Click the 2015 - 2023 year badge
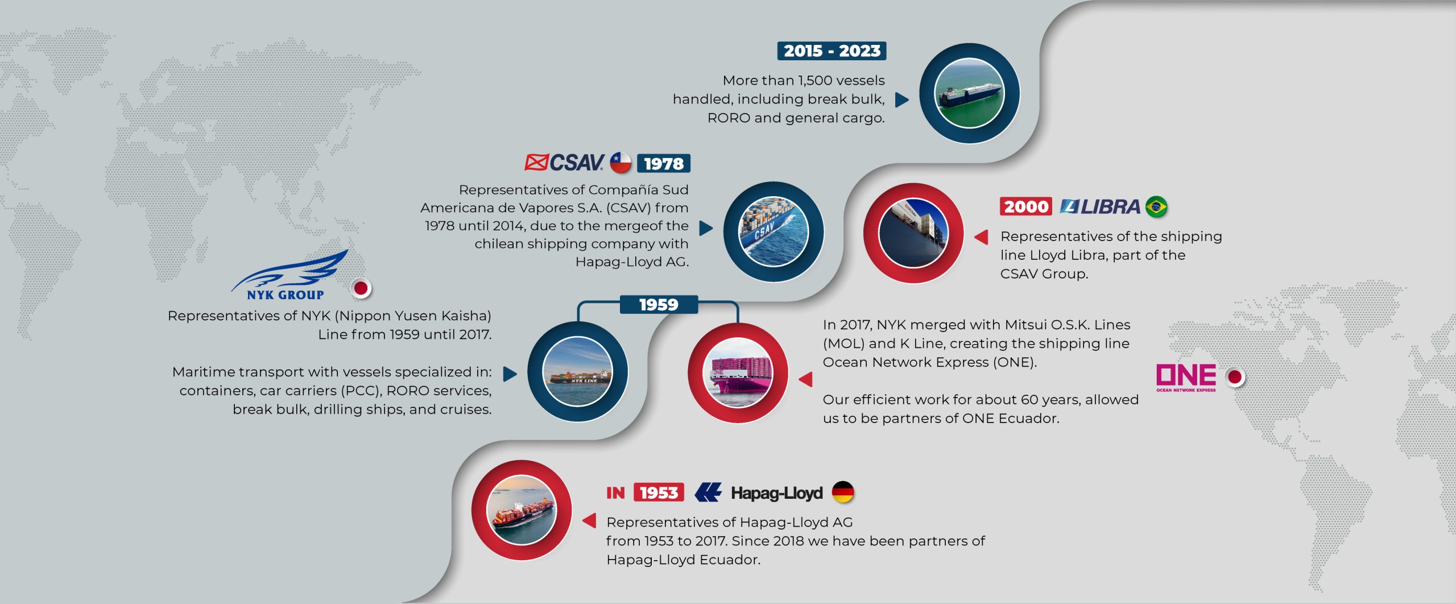pos(832,51)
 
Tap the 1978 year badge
pos(663,163)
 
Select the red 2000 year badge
pos(1026,206)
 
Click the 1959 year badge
pos(659,304)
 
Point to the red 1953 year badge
pos(659,492)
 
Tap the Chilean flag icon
pos(621,163)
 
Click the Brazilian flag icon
pos(1156,206)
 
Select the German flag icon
pos(843,492)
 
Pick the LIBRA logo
pos(1100,206)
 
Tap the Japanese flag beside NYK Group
pos(361,288)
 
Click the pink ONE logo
pos(1186,378)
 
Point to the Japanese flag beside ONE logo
pos(1235,377)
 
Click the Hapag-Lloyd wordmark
pos(776,493)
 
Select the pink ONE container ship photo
pos(738,373)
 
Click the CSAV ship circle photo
pos(773,231)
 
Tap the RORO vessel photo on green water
pos(970,93)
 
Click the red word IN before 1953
pos(615,493)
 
